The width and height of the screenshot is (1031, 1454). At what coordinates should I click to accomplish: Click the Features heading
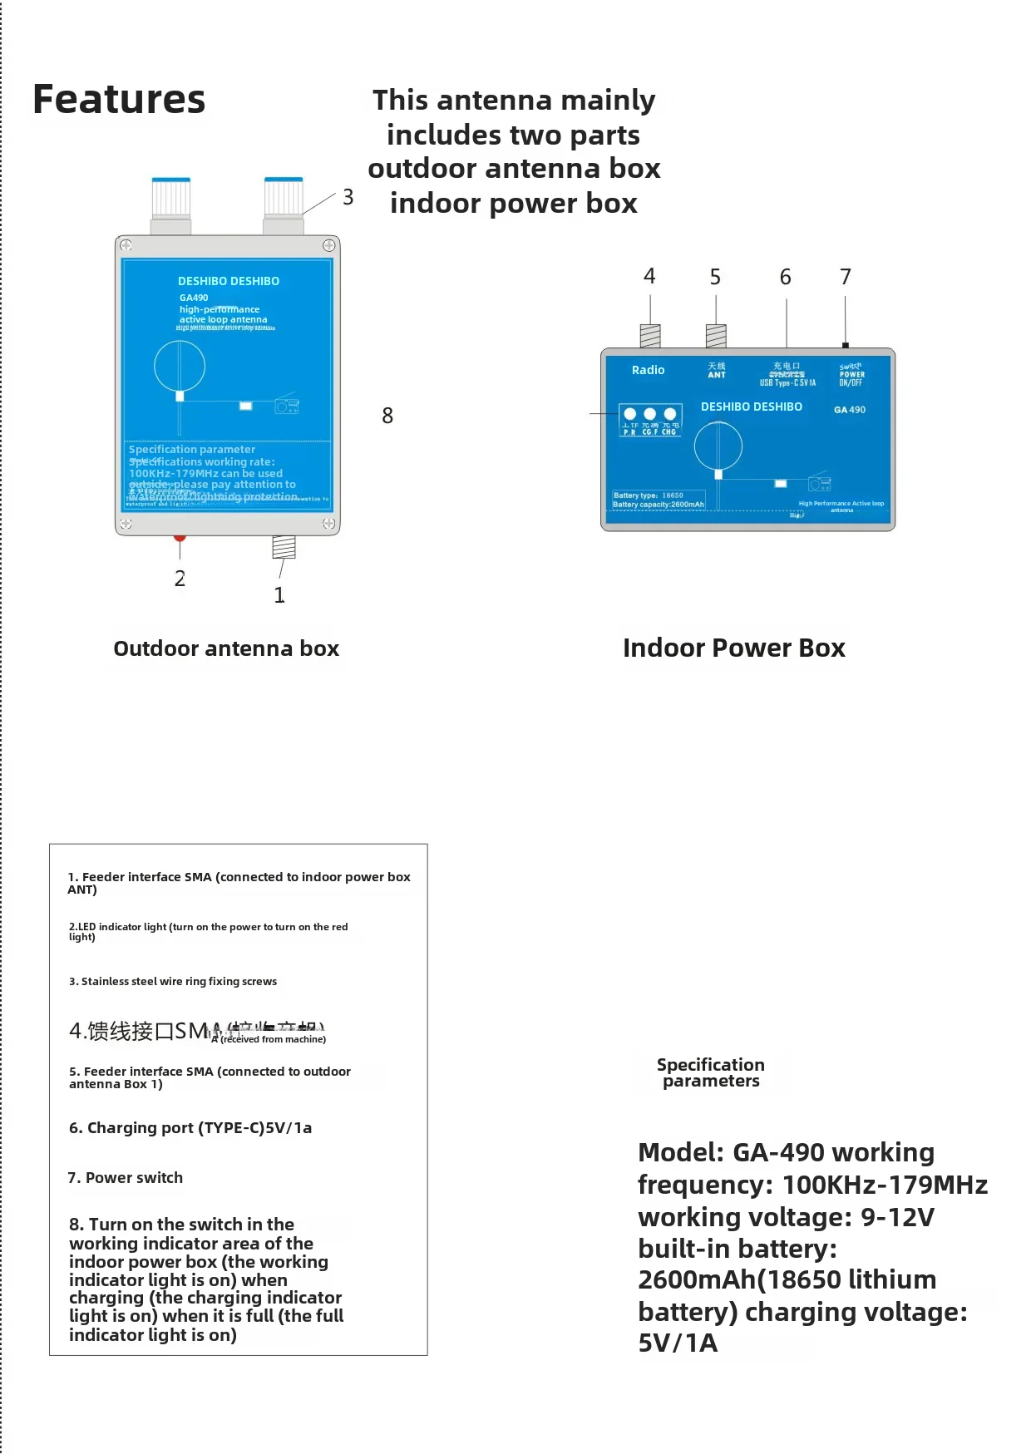(119, 100)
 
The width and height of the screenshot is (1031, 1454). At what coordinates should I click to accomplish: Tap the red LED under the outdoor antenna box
(180, 537)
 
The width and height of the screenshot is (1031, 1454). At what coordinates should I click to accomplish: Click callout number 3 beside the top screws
(348, 197)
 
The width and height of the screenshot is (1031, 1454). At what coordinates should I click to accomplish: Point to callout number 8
(387, 416)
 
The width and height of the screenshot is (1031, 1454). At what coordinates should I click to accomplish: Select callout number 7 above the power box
(845, 277)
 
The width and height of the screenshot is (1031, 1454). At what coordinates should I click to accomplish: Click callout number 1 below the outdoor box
(279, 595)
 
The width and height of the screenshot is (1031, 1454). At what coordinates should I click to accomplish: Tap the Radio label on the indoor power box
(648, 370)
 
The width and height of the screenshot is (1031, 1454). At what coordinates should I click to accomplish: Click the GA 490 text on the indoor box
(849, 410)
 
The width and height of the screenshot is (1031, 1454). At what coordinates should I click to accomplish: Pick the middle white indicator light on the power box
(649, 414)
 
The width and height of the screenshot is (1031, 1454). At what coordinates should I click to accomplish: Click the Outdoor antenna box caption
(226, 648)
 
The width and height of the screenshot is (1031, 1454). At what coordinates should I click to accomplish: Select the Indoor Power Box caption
(733, 648)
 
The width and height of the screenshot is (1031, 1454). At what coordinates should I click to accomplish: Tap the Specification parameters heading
(711, 1072)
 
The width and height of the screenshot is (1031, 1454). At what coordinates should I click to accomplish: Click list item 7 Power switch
(126, 1177)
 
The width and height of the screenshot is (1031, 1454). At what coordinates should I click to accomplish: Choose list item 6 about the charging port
(190, 1127)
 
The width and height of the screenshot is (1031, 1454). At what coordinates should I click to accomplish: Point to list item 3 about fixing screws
(173, 981)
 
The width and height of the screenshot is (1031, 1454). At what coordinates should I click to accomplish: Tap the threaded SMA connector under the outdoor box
(284, 546)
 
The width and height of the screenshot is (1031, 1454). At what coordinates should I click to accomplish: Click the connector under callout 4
(649, 336)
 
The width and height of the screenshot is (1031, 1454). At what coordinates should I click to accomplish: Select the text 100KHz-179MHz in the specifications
(885, 1185)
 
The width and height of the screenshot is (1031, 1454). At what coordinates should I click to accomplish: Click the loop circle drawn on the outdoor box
(180, 366)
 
